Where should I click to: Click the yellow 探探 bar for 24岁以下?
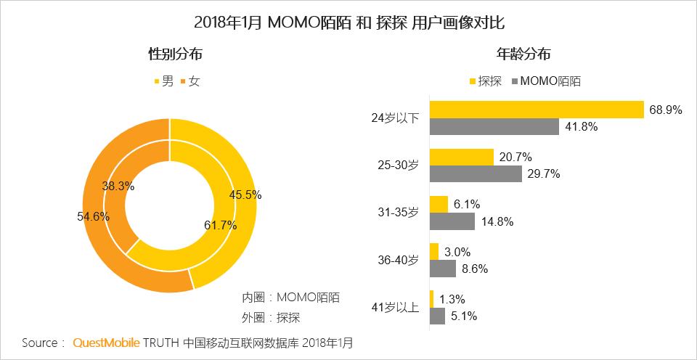pos(537,109)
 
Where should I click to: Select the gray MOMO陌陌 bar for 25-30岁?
pos(476,173)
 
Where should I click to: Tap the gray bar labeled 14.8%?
pos(452,221)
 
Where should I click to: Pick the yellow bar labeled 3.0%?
pos(434,251)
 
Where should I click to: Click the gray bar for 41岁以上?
pos(437,316)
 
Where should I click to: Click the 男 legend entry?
pos(163,81)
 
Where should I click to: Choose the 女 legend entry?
pos(190,81)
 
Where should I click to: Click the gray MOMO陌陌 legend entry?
pos(546,81)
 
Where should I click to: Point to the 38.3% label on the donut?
pos(118,186)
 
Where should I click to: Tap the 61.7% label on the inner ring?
pos(221,225)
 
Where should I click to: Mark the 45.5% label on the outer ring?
pos(245,195)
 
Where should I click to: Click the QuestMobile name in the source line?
pos(105,342)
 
